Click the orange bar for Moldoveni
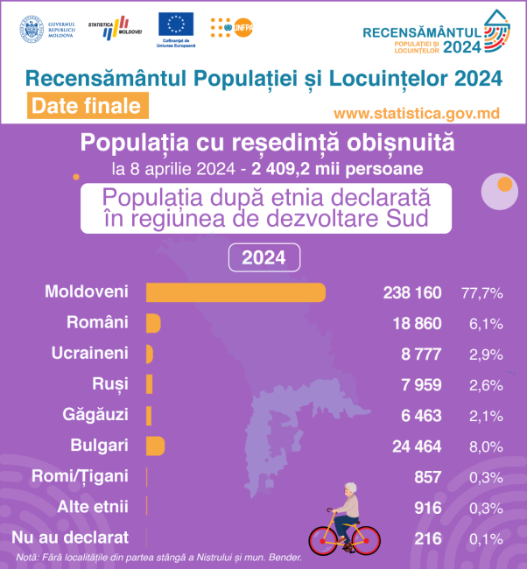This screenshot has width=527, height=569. pyautogui.click(x=235, y=292)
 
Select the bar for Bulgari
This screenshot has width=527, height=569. pyautogui.click(x=155, y=446)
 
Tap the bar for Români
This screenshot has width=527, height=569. pyautogui.click(x=152, y=323)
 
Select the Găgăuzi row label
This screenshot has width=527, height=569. pyautogui.click(x=95, y=414)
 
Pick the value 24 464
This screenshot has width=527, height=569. pyautogui.click(x=416, y=446)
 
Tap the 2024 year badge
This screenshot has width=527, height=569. pyautogui.click(x=263, y=258)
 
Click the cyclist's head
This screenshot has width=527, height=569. pyautogui.click(x=351, y=490)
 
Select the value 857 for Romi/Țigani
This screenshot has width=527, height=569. pyautogui.click(x=427, y=477)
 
